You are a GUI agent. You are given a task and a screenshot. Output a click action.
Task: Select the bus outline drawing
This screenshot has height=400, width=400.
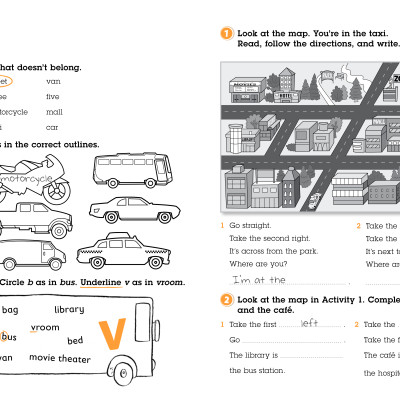(x=126, y=171)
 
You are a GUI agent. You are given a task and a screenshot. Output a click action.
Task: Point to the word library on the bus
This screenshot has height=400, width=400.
(x=69, y=310)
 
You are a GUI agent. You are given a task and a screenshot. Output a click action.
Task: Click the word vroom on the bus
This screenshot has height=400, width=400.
(x=45, y=327)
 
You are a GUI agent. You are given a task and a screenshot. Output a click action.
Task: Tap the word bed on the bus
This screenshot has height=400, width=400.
(x=75, y=341)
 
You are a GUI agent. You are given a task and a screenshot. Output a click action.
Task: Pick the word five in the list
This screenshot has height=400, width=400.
(x=53, y=97)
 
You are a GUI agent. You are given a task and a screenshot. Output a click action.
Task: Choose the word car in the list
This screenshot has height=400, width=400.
(x=52, y=127)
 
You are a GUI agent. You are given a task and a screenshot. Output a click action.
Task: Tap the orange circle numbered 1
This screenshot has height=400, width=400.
(x=226, y=33)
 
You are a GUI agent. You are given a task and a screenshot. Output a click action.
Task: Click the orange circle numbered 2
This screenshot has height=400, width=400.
(x=226, y=299)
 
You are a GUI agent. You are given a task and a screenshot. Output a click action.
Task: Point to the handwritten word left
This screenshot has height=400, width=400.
(x=309, y=323)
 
